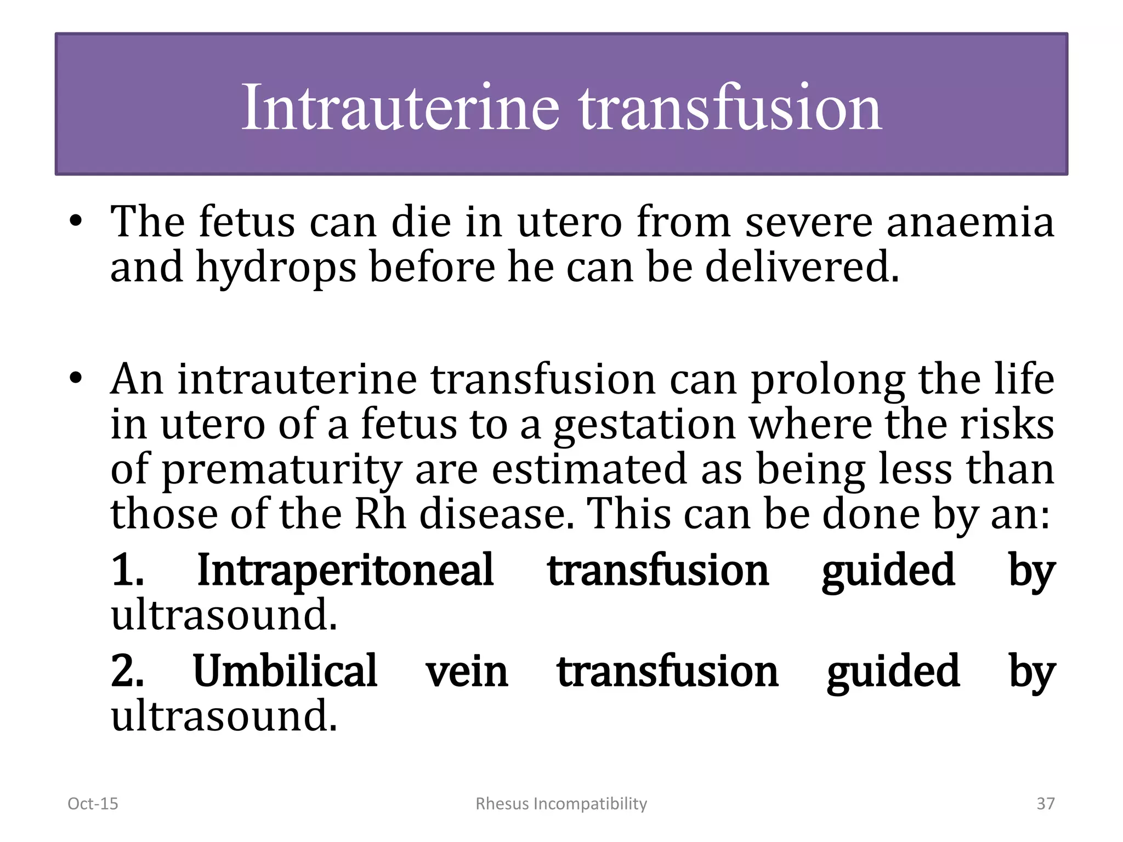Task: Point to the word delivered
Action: pyautogui.click(x=802, y=267)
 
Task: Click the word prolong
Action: pyautogui.click(x=827, y=380)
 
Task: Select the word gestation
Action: pyautogui.click(x=644, y=425)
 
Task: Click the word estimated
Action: pyautogui.click(x=589, y=470)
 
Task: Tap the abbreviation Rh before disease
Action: pyautogui.click(x=380, y=515)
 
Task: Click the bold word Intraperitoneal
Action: pyautogui.click(x=345, y=571)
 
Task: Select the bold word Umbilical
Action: pyautogui.click(x=285, y=671)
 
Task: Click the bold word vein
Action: pyautogui.click(x=467, y=672)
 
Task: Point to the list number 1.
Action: pyautogui.click(x=127, y=571)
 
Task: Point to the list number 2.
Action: pyautogui.click(x=127, y=671)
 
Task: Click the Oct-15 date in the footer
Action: pyautogui.click(x=93, y=804)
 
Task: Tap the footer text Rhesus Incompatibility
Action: pyautogui.click(x=561, y=804)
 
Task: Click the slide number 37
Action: pyautogui.click(x=1045, y=804)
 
